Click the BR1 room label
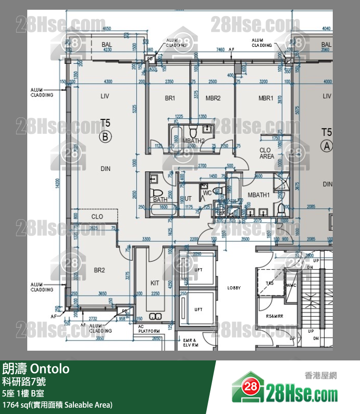coord(170,98)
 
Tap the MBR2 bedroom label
coord(213,98)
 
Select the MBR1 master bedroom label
coord(266,98)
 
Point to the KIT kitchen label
coord(155,283)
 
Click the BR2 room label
coord(99,270)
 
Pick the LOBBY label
coord(234,288)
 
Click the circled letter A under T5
coord(326,145)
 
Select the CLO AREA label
coord(266,153)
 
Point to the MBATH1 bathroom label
coord(258,195)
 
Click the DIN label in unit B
coord(106,169)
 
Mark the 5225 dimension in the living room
coord(134,113)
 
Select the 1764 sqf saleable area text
coord(57,405)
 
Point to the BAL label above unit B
coord(107,45)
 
